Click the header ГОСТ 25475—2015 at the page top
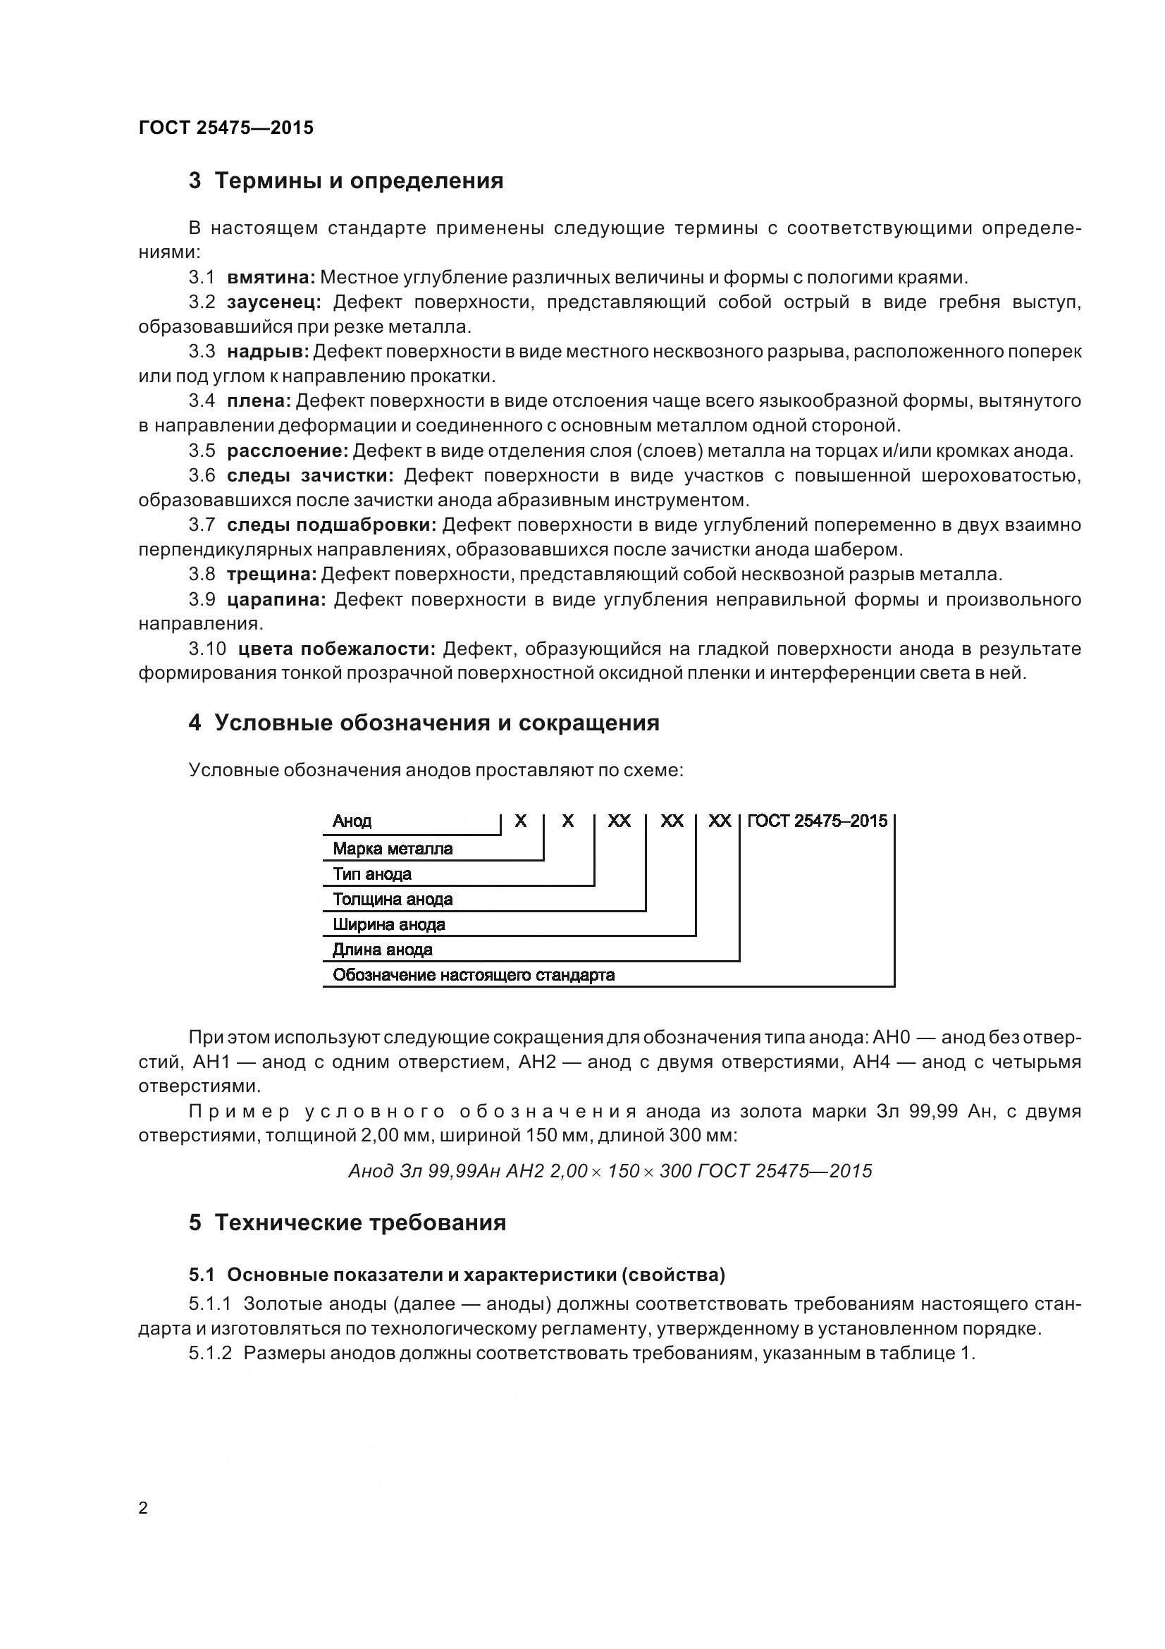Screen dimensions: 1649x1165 [x=226, y=128]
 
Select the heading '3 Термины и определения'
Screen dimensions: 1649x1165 [x=346, y=180]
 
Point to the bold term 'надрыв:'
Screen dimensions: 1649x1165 [x=268, y=351]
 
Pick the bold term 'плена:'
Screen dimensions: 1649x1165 [x=259, y=400]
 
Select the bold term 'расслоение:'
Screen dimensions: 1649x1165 [x=287, y=451]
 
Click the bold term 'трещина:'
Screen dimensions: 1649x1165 [x=271, y=574]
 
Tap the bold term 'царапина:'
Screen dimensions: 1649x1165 [x=276, y=599]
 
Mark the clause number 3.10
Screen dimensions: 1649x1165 [x=207, y=649]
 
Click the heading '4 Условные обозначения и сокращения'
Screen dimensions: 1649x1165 [x=424, y=723]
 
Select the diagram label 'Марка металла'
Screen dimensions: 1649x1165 [x=393, y=849]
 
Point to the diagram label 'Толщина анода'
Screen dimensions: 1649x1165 [x=393, y=899]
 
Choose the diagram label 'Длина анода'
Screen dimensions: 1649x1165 [x=382, y=950]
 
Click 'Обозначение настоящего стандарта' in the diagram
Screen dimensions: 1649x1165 [x=474, y=974]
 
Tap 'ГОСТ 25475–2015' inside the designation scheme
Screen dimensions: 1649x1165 [x=818, y=821]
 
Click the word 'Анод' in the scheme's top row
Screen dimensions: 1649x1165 [x=352, y=821]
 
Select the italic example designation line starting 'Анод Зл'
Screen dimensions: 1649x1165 [x=610, y=1172]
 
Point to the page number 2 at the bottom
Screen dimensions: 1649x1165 [x=143, y=1508]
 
